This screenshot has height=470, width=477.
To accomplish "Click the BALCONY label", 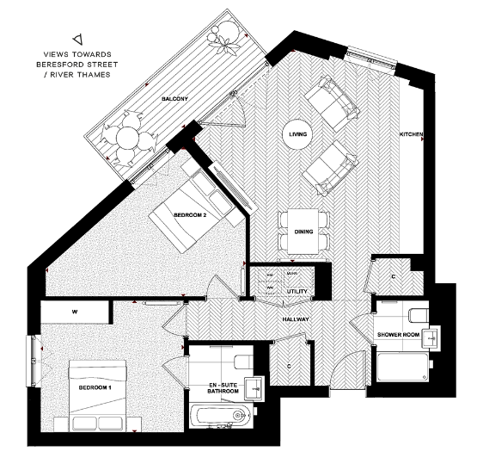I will (174, 100).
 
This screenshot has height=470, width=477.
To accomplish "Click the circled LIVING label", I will (298, 134).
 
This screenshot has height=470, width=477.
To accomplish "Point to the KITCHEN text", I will (412, 135).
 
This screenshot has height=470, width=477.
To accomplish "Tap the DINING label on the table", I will (302, 232).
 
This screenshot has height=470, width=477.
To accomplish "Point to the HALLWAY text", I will (297, 319).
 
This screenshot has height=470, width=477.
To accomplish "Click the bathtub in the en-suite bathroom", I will (221, 417).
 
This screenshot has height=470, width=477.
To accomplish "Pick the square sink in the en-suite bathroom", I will (253, 387).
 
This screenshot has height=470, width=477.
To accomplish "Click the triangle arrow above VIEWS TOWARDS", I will (78, 38).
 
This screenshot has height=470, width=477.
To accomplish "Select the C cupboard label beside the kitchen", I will (393, 277).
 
